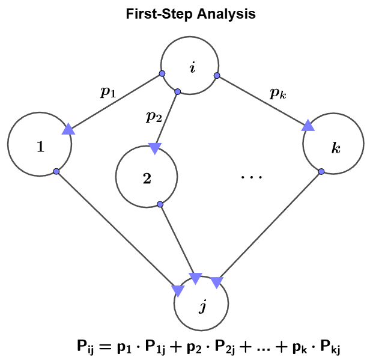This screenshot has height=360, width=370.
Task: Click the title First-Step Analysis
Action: click(x=190, y=14)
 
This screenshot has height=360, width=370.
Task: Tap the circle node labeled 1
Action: click(x=40, y=145)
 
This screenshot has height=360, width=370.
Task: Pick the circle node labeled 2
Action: click(x=147, y=177)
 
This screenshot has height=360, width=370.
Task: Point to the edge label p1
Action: click(x=108, y=92)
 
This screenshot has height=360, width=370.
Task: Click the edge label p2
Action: click(x=154, y=116)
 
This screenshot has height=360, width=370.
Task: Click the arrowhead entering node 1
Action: click(x=68, y=128)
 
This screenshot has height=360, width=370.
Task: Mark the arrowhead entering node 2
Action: click(x=155, y=148)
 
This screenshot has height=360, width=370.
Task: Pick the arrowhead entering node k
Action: click(x=308, y=126)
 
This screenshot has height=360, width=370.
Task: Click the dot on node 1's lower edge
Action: click(x=56, y=172)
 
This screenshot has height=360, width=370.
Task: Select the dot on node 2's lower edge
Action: click(x=160, y=204)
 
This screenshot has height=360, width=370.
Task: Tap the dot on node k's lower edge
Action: click(x=321, y=172)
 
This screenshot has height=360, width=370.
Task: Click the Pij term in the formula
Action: click(x=86, y=347)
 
